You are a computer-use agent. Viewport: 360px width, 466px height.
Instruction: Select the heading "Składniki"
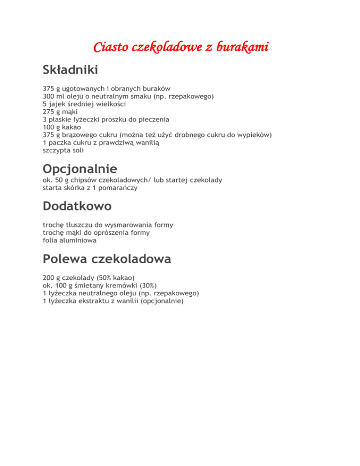[70, 70]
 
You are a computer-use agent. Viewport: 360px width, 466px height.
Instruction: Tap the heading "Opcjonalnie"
[80, 168]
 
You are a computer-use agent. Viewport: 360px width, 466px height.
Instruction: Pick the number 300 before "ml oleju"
[49, 96]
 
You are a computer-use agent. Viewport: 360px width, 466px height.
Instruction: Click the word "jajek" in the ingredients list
[56, 104]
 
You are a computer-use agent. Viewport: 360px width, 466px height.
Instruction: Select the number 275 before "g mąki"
[49, 112]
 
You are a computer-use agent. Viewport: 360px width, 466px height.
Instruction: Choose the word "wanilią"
[146, 142]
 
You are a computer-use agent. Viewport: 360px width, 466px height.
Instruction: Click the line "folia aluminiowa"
[69, 240]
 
